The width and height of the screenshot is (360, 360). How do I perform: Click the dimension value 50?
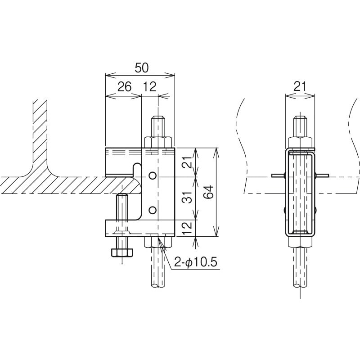142,67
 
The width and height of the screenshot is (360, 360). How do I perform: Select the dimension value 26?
125,87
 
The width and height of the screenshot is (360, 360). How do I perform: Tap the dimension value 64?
209,192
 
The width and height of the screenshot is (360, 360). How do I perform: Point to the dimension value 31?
188,197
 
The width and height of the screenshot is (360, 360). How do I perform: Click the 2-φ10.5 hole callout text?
195,262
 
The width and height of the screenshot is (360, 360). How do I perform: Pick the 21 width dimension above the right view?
300,87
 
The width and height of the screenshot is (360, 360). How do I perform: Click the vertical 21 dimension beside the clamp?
188,162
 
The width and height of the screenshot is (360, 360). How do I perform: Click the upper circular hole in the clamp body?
153,175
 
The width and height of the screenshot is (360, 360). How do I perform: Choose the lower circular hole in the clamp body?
153,210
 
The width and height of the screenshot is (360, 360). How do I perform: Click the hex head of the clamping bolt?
122,252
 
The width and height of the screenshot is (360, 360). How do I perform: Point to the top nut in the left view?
158,142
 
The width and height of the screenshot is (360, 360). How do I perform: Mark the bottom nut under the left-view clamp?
158,242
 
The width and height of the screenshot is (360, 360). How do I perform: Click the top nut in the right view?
300,142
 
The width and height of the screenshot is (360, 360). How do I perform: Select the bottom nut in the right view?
300,241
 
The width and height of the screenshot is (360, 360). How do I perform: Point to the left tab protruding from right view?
278,175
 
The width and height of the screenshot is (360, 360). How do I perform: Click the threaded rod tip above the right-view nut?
300,127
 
